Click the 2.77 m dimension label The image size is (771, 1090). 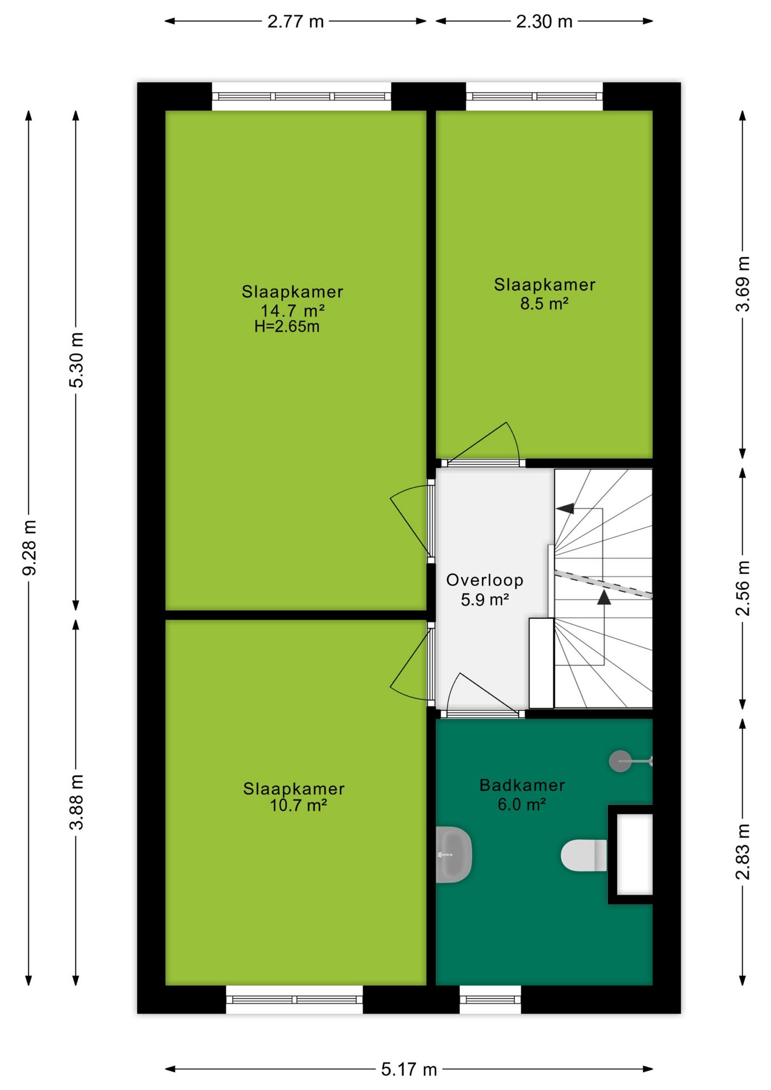click(x=295, y=22)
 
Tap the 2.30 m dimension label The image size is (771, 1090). click(x=544, y=22)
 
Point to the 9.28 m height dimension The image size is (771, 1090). click(x=29, y=547)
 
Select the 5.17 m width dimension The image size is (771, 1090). click(x=409, y=1070)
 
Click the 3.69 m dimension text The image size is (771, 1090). click(x=743, y=284)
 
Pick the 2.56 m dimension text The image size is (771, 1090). click(x=743, y=588)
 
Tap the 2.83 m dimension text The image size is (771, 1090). click(x=743, y=852)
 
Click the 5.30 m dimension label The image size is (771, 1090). click(x=76, y=360)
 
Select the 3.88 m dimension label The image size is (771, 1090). click(x=76, y=802)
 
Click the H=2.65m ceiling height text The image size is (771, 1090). click(x=287, y=326)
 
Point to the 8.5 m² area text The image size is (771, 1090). click(x=544, y=303)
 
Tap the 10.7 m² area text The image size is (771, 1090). click(x=298, y=805)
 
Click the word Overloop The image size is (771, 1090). click(x=485, y=580)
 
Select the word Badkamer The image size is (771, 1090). click(x=522, y=785)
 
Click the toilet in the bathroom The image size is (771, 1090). click(x=584, y=855)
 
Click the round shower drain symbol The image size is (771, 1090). click(x=620, y=761)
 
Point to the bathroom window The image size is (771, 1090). click(x=490, y=999)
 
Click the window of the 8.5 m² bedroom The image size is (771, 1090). click(x=534, y=97)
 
